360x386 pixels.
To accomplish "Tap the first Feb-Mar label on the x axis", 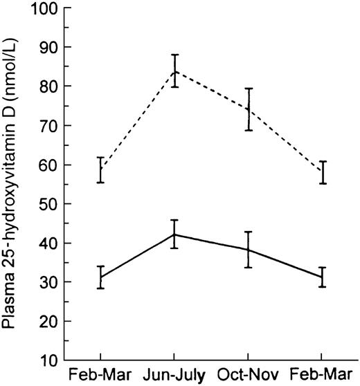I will pyautogui.click(x=100, y=378).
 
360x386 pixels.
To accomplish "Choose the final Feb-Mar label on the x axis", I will pyautogui.click(x=322, y=378).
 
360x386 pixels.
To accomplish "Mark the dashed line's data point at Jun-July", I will pyautogui.click(x=174, y=71).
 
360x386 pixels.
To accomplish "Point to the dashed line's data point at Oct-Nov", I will pyautogui.click(x=249, y=109).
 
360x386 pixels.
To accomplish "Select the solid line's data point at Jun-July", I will pyautogui.click(x=174, y=235).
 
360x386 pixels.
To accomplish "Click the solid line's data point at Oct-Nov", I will pyautogui.click(x=249, y=250).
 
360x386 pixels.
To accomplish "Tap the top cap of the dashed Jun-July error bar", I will pyautogui.click(x=174, y=55).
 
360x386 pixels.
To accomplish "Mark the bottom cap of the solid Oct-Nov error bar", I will pyautogui.click(x=249, y=267).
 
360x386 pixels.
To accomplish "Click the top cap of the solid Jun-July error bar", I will pyautogui.click(x=174, y=220).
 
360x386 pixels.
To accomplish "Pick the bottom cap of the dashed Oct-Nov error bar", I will pyautogui.click(x=249, y=130).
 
